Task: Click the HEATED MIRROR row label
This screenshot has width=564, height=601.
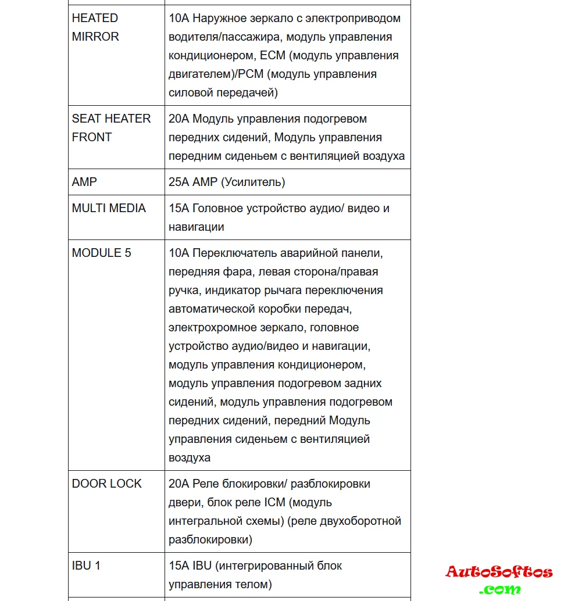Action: pos(95,27)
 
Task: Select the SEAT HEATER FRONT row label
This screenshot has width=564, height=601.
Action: pos(111,128)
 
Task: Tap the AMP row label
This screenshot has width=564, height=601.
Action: pos(84,182)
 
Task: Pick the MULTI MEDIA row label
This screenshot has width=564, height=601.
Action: pos(109,208)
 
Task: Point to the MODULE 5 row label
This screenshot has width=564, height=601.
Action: pos(101,253)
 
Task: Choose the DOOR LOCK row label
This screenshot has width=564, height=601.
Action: pos(106,484)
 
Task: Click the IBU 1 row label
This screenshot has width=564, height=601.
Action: pos(86,565)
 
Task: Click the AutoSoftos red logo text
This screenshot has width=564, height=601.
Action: pos(499,572)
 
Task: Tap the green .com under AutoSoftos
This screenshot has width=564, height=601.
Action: pos(499,589)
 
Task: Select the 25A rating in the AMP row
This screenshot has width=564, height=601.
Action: pos(179,182)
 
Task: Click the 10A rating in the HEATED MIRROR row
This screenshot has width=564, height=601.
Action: pos(179,18)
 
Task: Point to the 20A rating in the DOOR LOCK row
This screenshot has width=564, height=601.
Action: pos(179,484)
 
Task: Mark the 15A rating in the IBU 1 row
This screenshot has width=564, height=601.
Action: pos(179,565)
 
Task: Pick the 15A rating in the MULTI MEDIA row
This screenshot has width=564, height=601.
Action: pos(179,208)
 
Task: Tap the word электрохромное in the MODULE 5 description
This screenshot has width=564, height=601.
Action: pos(211,327)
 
